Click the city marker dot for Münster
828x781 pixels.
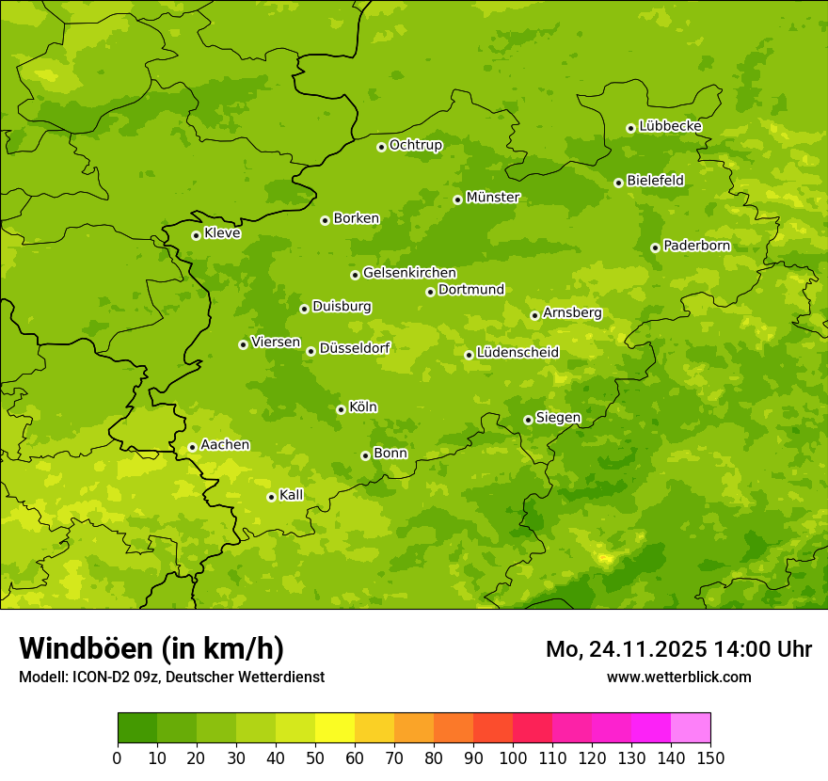click(x=457, y=199)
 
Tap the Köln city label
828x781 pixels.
click(x=363, y=407)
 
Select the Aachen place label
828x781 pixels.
click(x=225, y=445)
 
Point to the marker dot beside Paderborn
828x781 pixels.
click(x=655, y=247)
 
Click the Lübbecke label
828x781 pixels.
click(x=670, y=126)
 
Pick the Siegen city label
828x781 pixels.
click(x=558, y=418)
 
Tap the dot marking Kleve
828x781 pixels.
click(x=196, y=235)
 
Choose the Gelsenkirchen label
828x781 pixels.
click(x=409, y=273)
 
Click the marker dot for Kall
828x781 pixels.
click(x=271, y=497)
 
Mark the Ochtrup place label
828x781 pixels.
click(x=415, y=145)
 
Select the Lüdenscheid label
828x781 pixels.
click(x=517, y=353)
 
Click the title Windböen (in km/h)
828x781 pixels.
click(x=151, y=648)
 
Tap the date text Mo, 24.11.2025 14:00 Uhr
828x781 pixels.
click(x=678, y=649)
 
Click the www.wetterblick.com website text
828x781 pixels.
click(x=678, y=677)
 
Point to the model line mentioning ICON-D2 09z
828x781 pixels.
click(x=171, y=677)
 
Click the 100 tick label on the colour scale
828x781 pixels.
click(x=513, y=757)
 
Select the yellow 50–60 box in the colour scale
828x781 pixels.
click(x=335, y=728)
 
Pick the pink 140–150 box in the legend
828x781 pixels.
click(x=691, y=728)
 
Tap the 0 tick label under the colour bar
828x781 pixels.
click(x=118, y=757)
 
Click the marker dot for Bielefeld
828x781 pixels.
click(x=618, y=183)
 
